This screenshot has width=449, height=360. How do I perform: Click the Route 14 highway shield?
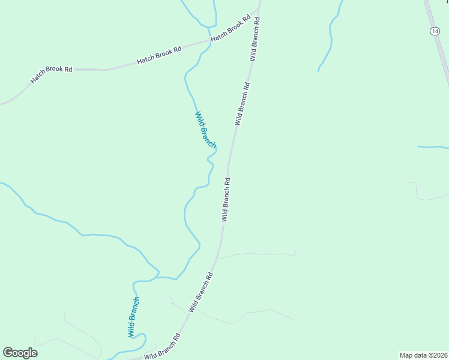tap(434, 31)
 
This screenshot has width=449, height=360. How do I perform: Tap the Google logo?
tap(20, 353)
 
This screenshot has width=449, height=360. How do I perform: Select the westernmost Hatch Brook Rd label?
tap(52, 74)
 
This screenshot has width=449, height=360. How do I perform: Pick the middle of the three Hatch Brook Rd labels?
tap(159, 56)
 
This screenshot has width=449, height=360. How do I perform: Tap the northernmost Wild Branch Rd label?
tap(255, 38)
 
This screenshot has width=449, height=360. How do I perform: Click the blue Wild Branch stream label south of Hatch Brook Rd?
tap(205, 130)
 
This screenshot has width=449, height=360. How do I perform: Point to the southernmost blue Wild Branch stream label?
tap(133, 317)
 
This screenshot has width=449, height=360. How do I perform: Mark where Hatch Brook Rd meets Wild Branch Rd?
tap(258, 10)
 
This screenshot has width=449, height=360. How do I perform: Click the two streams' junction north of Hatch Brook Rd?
tap(208, 27)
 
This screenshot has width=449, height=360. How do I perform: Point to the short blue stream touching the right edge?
tap(433, 147)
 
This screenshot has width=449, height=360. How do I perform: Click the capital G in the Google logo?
tap(8, 352)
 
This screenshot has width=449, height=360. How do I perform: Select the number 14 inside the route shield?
tap(434, 31)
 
